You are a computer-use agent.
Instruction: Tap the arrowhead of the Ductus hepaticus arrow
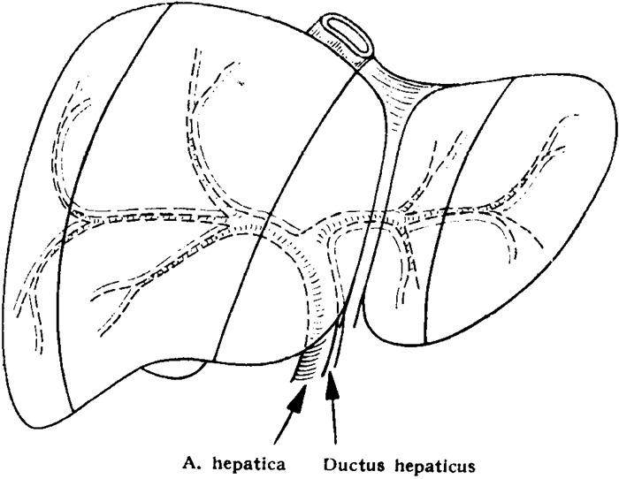332,389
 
